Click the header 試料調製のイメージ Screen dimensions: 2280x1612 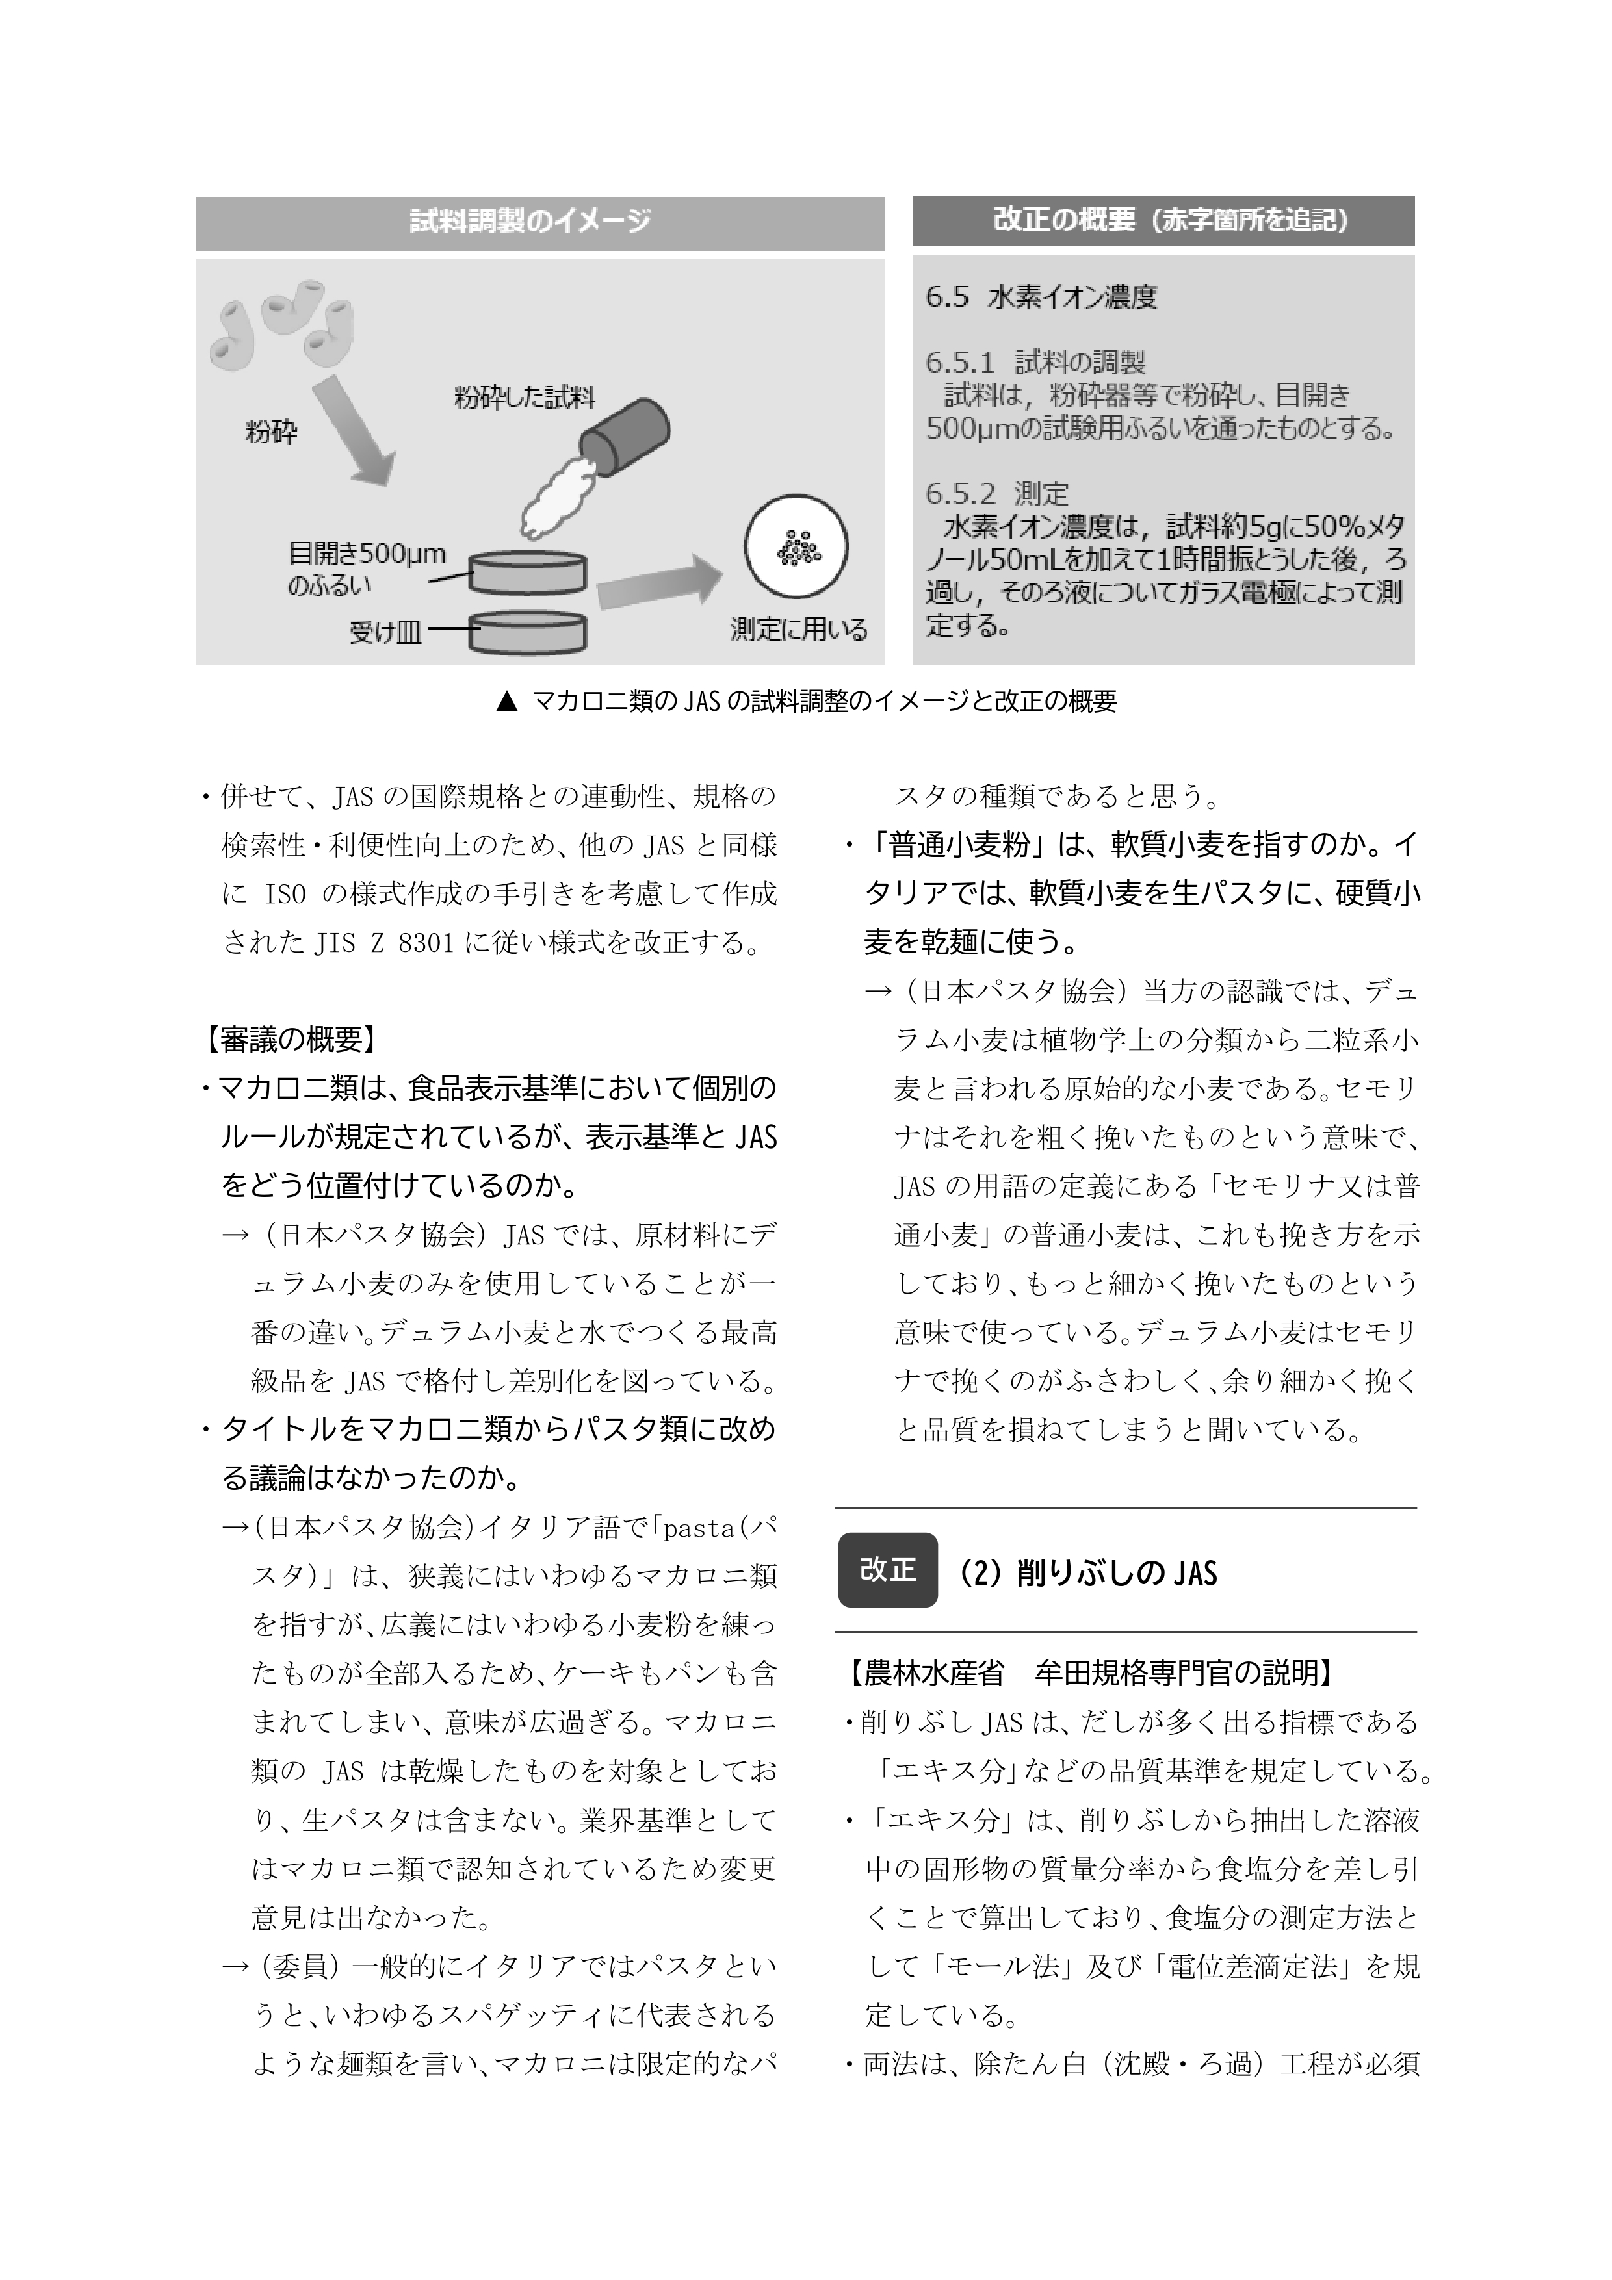530,222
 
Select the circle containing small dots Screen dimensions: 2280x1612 796,548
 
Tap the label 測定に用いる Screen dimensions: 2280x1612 799,630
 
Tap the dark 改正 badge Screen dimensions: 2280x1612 887,1570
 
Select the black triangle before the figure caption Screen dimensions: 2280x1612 506,702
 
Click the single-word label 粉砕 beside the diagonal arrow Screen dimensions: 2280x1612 271,432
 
